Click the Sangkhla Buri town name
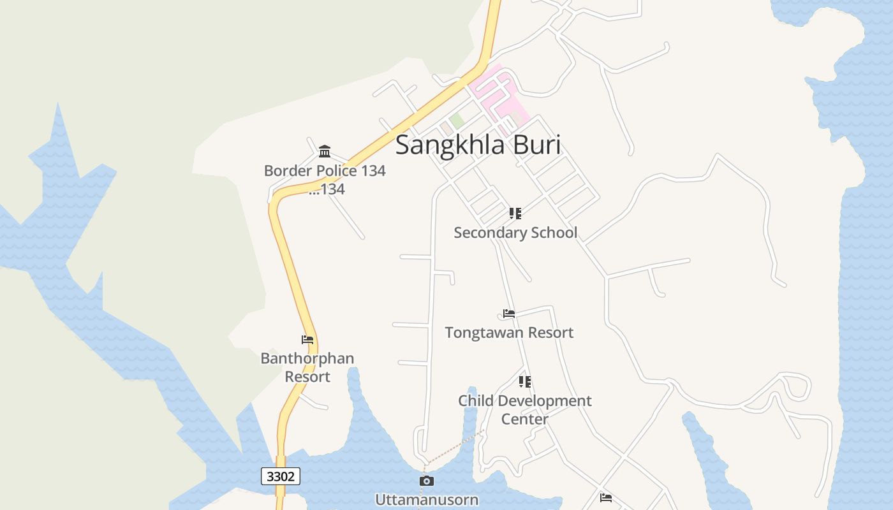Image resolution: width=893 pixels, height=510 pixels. (x=478, y=145)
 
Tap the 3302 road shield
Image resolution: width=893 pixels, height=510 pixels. (x=281, y=476)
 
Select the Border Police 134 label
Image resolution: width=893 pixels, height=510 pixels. (x=325, y=171)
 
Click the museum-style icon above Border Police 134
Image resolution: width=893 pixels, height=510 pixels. (x=325, y=151)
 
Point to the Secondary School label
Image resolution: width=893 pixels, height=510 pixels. (x=515, y=233)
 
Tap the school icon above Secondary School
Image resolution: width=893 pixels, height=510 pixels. (x=515, y=214)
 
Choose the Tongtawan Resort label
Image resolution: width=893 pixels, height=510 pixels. (x=509, y=333)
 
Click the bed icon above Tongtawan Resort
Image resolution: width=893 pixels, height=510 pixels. (x=509, y=314)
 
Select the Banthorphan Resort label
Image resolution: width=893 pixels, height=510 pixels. (x=307, y=367)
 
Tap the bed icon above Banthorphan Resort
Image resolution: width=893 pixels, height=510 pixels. (x=307, y=340)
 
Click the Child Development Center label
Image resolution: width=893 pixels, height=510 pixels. (x=524, y=409)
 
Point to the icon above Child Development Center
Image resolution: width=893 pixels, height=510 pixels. (x=524, y=382)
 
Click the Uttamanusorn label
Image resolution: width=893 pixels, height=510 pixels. (x=427, y=499)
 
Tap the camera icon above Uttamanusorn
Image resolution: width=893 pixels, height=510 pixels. (x=427, y=481)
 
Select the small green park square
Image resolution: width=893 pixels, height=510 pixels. (x=456, y=120)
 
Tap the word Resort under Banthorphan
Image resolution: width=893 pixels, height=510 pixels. (x=307, y=377)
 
